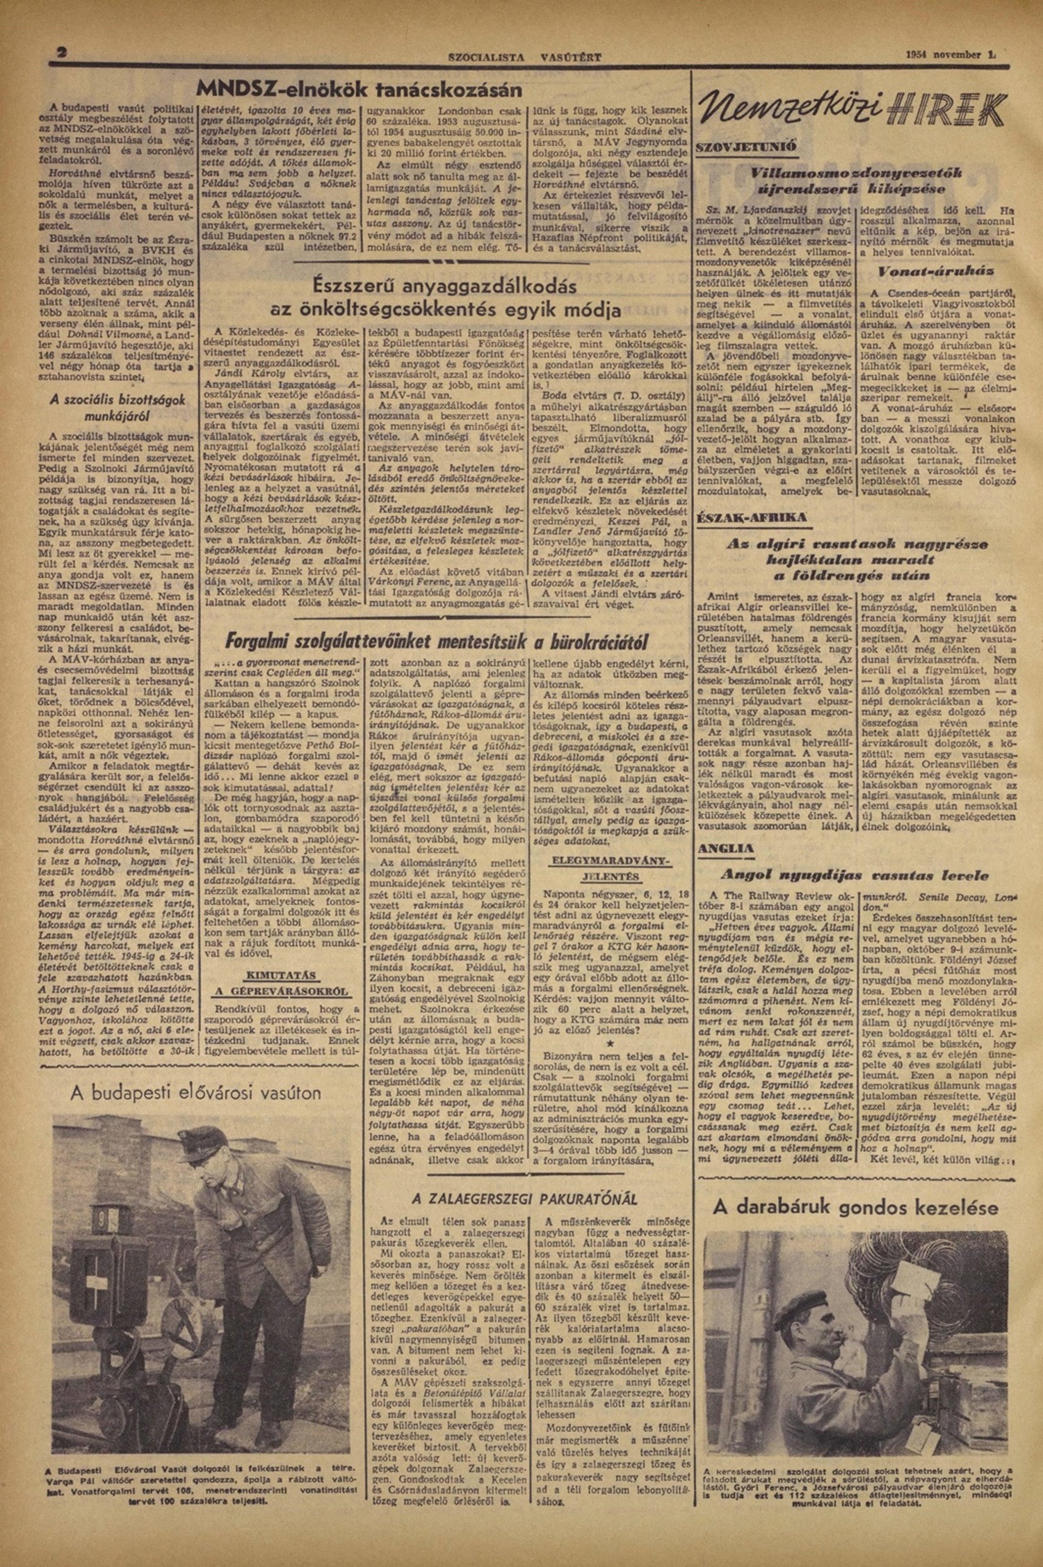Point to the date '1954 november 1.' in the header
(956, 54)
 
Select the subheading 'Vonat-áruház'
(937, 270)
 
